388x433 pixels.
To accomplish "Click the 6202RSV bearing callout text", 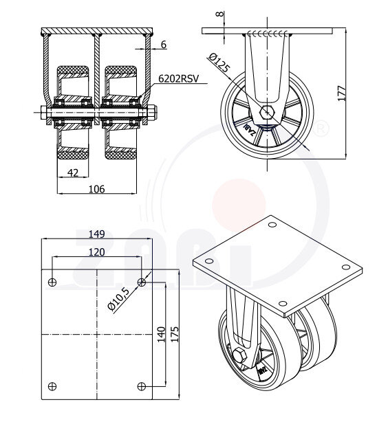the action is pyautogui.click(x=179, y=79).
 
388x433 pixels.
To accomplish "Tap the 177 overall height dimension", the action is pyautogui.click(x=342, y=93).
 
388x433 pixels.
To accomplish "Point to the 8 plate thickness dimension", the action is pyautogui.click(x=220, y=14).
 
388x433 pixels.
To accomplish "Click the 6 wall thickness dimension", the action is pyautogui.click(x=164, y=45).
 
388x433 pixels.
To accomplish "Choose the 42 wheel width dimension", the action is pyautogui.click(x=73, y=173).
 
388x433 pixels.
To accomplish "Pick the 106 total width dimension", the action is pyautogui.click(x=97, y=189).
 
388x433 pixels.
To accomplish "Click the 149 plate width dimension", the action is pyautogui.click(x=97, y=234).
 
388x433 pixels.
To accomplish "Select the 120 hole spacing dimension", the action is pyautogui.click(x=97, y=252).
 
